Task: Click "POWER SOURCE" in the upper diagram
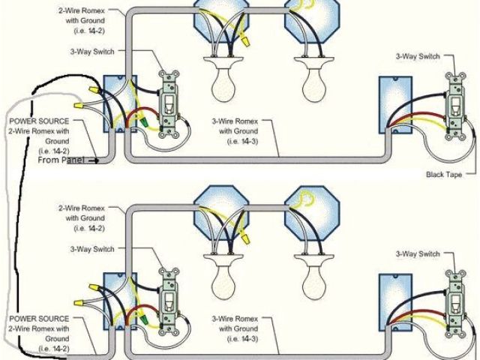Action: tap(40, 121)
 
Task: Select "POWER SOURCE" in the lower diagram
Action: tap(40, 319)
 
